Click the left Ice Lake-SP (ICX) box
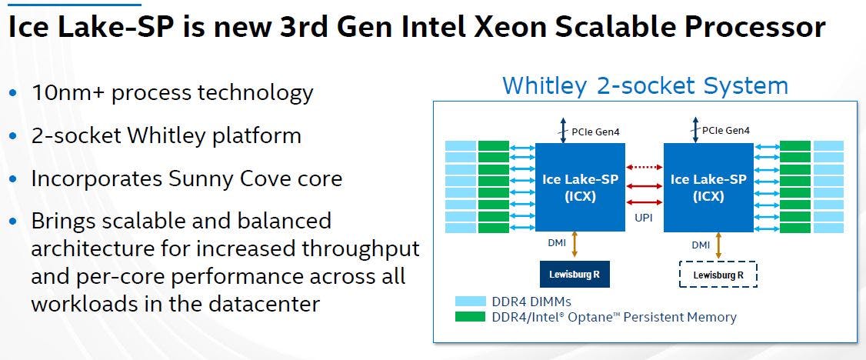pyautogui.click(x=580, y=187)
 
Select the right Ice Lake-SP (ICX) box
pyautogui.click(x=708, y=187)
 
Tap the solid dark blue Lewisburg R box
pyautogui.click(x=575, y=274)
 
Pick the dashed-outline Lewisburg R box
pyautogui.click(x=718, y=275)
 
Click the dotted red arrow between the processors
pyautogui.click(x=645, y=167)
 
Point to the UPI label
pyautogui.click(x=644, y=218)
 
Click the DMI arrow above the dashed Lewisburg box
pyautogui.click(x=718, y=245)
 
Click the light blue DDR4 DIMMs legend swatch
pyautogui.click(x=471, y=302)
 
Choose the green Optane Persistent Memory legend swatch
pyautogui.click(x=471, y=317)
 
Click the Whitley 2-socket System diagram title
pyautogui.click(x=645, y=86)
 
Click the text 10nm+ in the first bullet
pyautogui.click(x=69, y=92)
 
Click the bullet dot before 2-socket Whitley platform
pyautogui.click(x=13, y=136)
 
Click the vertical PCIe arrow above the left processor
pyautogui.click(x=563, y=130)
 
